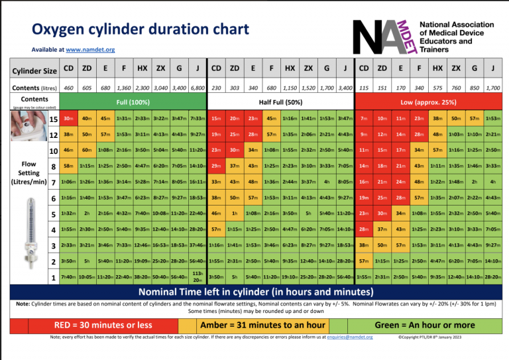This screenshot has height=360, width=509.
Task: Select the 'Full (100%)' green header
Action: (x=133, y=102)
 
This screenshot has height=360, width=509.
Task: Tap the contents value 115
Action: (x=364, y=88)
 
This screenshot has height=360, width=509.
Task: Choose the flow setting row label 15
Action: (x=53, y=119)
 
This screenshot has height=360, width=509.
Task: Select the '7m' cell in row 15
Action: (x=364, y=119)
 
